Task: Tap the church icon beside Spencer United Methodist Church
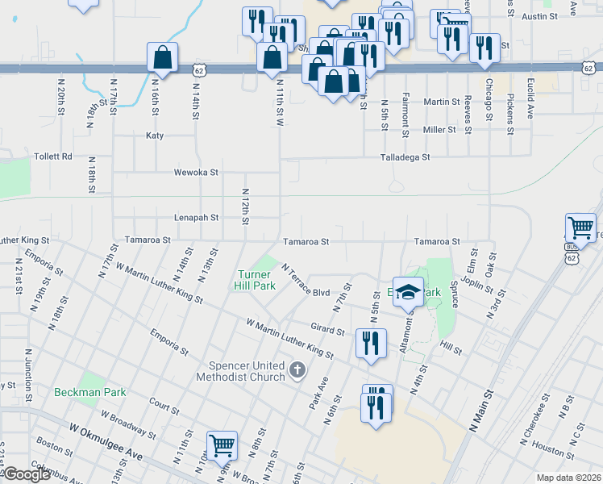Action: point(297,371)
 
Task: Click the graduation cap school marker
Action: point(408,292)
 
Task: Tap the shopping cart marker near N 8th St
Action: point(222,445)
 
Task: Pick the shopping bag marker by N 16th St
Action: point(162,58)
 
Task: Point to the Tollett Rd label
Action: point(52,156)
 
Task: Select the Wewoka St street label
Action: point(197,172)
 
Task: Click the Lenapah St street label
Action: point(197,218)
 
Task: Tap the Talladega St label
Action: point(405,158)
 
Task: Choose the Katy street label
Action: point(155,136)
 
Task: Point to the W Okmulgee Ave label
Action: point(106,443)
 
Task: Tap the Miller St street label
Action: point(439,130)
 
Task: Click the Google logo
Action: point(27,474)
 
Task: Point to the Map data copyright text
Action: point(568,478)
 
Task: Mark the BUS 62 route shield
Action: point(572,254)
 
